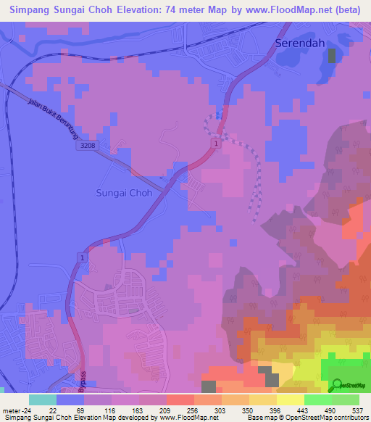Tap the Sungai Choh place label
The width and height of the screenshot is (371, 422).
(125, 194)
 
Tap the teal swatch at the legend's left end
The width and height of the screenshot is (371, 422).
(43, 400)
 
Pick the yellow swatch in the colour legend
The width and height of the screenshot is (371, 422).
(291, 400)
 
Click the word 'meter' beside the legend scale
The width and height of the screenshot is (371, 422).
(14, 410)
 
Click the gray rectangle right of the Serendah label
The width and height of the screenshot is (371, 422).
(333, 57)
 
